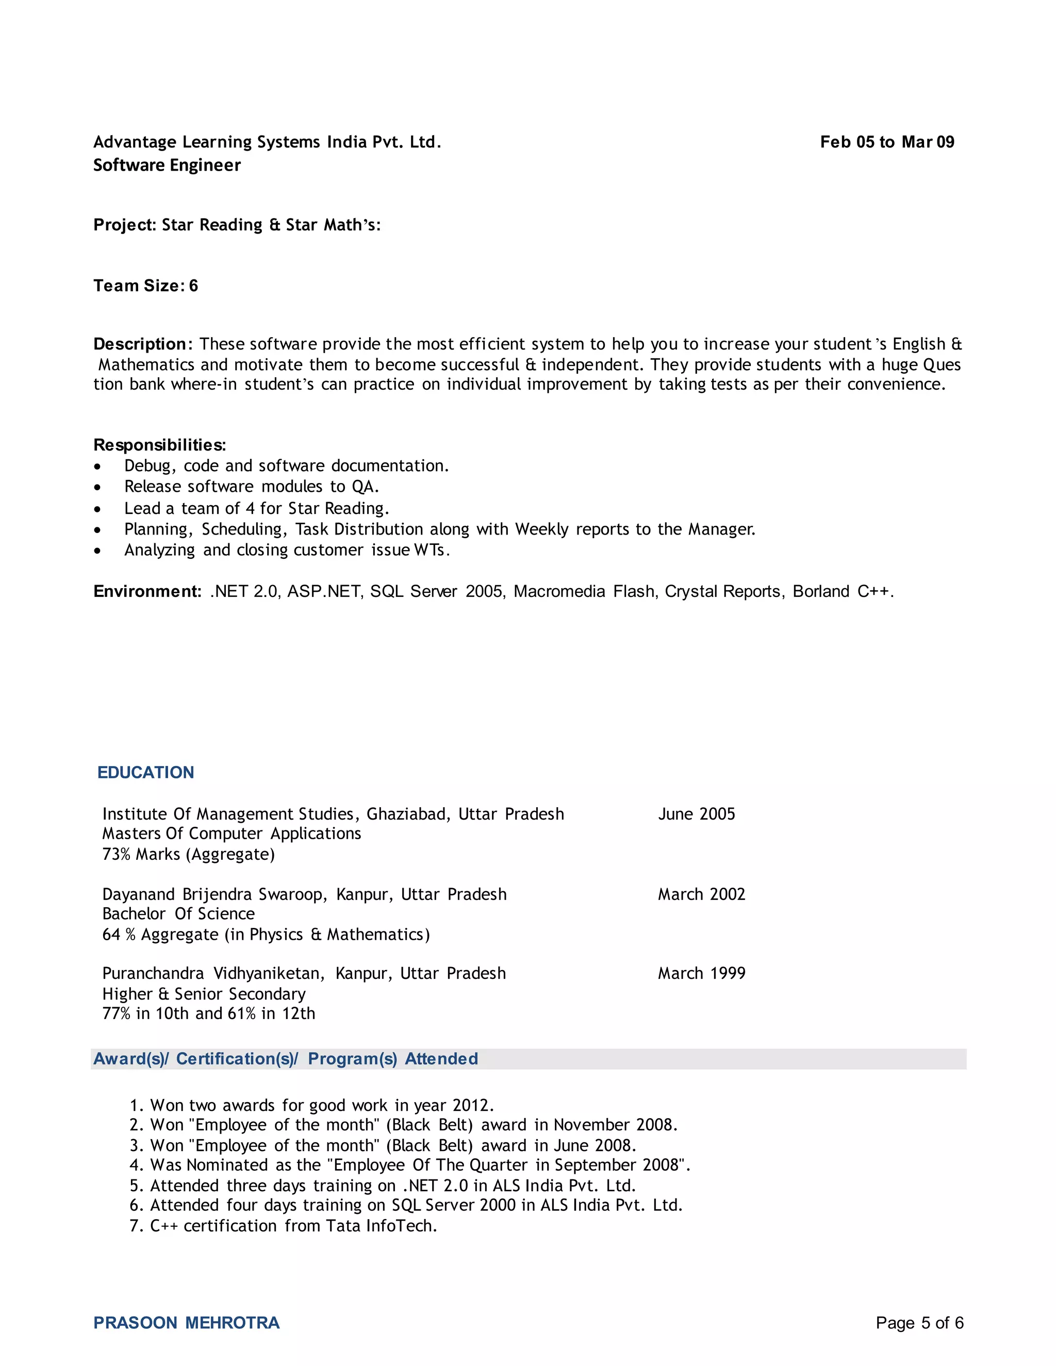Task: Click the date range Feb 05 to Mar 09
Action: click(886, 142)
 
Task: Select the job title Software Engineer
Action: click(167, 165)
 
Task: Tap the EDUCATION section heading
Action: click(146, 773)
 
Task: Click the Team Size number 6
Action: click(193, 286)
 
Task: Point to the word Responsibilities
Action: click(159, 445)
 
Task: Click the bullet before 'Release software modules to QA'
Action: click(97, 487)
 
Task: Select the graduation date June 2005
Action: click(696, 814)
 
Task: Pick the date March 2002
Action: click(701, 894)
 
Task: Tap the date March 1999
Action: click(701, 973)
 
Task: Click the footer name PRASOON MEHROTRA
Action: click(187, 1323)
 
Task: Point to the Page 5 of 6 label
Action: click(919, 1323)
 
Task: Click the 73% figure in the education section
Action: click(117, 854)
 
